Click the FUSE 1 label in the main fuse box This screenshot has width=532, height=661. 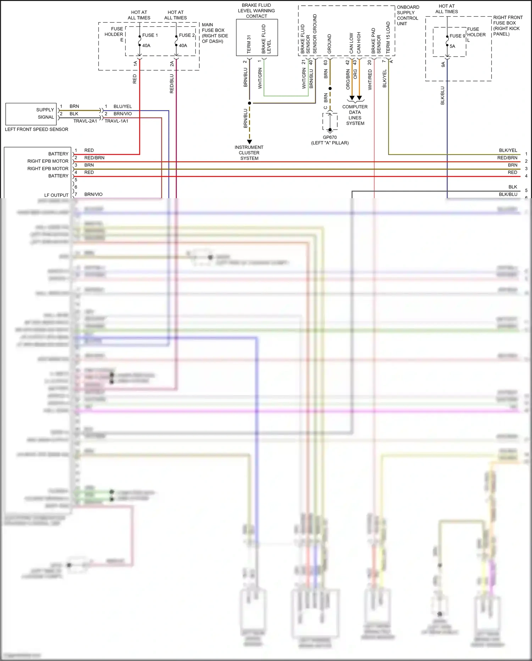pyautogui.click(x=150, y=35)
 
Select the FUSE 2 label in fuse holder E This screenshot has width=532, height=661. pyautogui.click(x=187, y=35)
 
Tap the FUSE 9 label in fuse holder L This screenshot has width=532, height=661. pyautogui.click(x=457, y=36)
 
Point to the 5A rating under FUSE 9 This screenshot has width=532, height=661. pyautogui.click(x=452, y=46)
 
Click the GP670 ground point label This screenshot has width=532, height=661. pyautogui.click(x=329, y=137)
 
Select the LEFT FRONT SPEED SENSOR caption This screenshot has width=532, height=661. pyautogui.click(x=37, y=129)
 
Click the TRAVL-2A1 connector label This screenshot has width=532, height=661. pyautogui.click(x=85, y=121)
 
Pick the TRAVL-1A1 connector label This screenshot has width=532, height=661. pyautogui.click(x=116, y=121)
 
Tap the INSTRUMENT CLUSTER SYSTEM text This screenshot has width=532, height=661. pyautogui.click(x=249, y=153)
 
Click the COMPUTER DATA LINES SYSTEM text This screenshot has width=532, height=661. pyautogui.click(x=355, y=115)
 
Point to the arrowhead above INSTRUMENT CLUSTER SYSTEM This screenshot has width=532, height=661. pyautogui.click(x=249, y=142)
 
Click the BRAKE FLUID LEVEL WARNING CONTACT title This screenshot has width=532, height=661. pyautogui.click(x=256, y=11)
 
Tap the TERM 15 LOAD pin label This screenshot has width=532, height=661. pyautogui.click(x=388, y=38)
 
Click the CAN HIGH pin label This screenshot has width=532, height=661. pyautogui.click(x=359, y=43)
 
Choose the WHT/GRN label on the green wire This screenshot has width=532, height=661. pyautogui.click(x=260, y=78)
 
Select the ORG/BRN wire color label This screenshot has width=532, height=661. pyautogui.click(x=348, y=79)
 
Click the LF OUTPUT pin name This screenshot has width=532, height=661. pyautogui.click(x=56, y=195)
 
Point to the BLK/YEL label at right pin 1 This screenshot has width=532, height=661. pyautogui.click(x=508, y=150)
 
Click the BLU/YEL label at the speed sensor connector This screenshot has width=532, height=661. pyautogui.click(x=123, y=106)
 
